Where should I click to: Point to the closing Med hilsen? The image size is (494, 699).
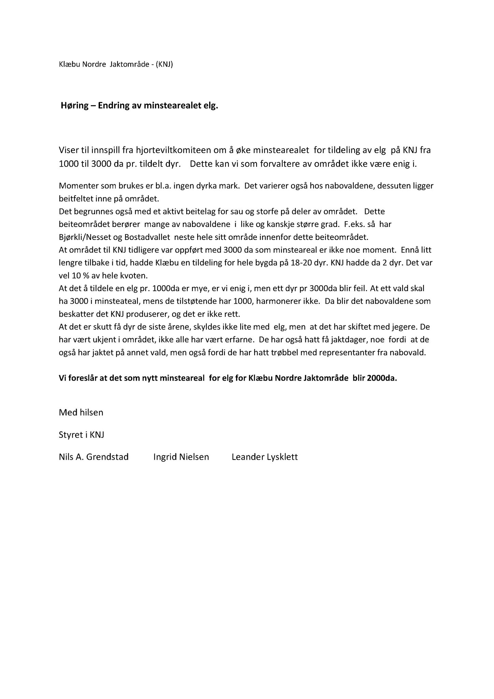click(x=81, y=412)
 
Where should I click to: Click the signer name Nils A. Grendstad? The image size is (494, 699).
click(x=93, y=457)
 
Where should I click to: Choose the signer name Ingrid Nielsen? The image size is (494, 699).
click(x=181, y=457)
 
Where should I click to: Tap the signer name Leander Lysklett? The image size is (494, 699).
click(x=264, y=457)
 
